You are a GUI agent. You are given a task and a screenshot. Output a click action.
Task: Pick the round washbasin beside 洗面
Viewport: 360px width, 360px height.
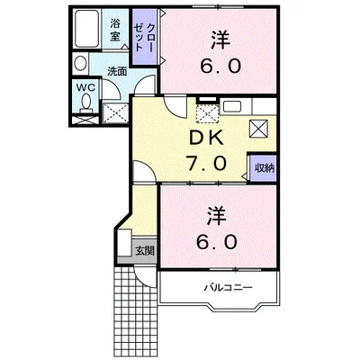click(80, 65)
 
